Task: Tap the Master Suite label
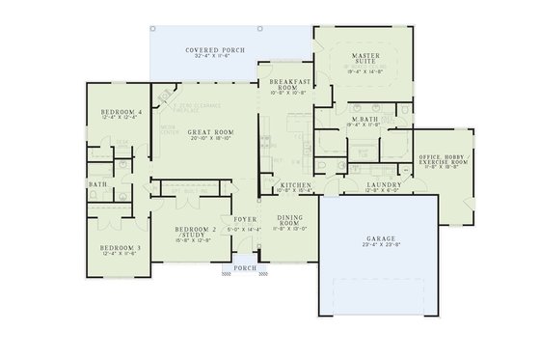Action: [364, 60]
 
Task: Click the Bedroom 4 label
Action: [121, 112]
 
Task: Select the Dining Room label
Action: [290, 221]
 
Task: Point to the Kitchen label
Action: [293, 183]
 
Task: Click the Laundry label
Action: [384, 183]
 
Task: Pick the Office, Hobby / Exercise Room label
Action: [445, 157]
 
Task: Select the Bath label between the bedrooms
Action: [97, 184]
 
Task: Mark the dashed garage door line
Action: [379, 281]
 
